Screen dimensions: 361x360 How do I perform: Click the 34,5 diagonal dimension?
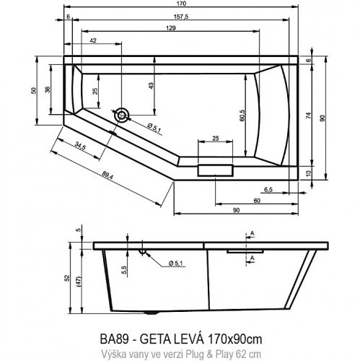pyautogui.click(x=80, y=147)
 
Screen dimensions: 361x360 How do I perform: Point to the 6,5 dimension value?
pyautogui.click(x=268, y=190)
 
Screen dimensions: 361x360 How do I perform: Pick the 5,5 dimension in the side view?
pyautogui.click(x=124, y=269)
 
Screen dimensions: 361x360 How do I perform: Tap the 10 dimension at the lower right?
pyautogui.click(x=310, y=172)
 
